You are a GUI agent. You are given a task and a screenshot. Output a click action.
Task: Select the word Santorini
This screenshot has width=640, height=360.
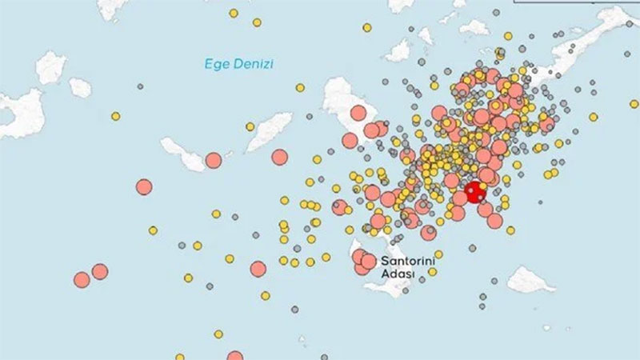pyautogui.click(x=413, y=262)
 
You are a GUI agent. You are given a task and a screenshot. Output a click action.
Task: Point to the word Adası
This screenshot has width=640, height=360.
pyautogui.click(x=398, y=274)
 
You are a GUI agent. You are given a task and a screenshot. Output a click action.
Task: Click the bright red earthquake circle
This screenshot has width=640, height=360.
pyautogui.click(x=475, y=192)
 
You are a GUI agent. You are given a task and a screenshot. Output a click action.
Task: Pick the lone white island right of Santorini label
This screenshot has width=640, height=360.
pyautogui.click(x=530, y=281)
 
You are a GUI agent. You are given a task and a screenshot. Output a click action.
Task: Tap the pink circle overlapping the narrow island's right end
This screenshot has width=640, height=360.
pyautogui.click(x=213, y=160)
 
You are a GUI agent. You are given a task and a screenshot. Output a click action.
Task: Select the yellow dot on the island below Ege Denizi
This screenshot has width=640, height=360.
pyautogui.click(x=250, y=126)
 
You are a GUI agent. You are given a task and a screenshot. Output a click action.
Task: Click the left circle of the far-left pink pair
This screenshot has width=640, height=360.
pyautogui.click(x=82, y=279)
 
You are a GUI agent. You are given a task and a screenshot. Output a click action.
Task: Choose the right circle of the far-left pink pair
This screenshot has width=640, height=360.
pyautogui.click(x=100, y=272)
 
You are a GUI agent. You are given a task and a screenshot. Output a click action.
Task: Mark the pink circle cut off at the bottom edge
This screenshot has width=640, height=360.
pyautogui.click(x=235, y=356)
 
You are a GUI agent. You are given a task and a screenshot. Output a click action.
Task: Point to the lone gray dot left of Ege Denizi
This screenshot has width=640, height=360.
pyautogui.click(x=140, y=86)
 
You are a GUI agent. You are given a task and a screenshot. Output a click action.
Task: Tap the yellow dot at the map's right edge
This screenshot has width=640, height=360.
pyautogui.click(x=634, y=104)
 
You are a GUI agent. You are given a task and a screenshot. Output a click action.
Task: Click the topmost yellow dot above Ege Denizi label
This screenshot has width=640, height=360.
pyautogui.click(x=234, y=13)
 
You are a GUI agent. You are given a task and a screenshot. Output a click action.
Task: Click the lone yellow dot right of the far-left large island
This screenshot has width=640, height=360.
pyautogui.click(x=115, y=116)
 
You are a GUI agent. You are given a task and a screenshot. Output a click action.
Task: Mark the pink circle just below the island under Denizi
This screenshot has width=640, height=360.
pyautogui.click(x=279, y=157)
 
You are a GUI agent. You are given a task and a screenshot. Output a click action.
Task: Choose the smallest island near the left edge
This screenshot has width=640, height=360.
pyautogui.click(x=79, y=87)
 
